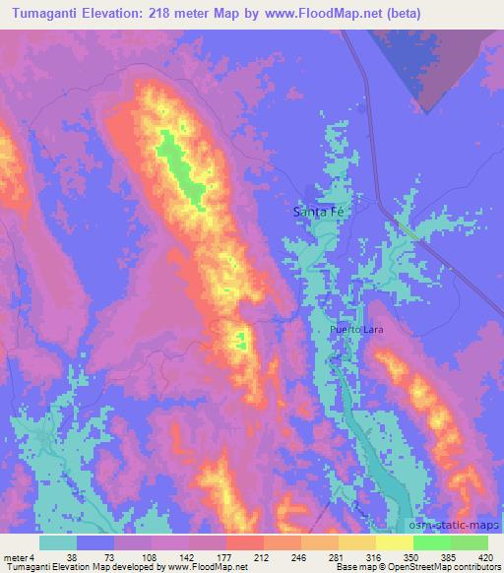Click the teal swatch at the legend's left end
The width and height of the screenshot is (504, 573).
pyautogui.click(x=58, y=541)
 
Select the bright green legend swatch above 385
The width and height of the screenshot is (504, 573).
pyautogui.click(x=431, y=541)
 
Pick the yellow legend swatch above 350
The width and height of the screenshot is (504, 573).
pyautogui.click(x=394, y=541)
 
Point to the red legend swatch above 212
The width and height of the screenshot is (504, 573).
pyautogui.click(x=245, y=541)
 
